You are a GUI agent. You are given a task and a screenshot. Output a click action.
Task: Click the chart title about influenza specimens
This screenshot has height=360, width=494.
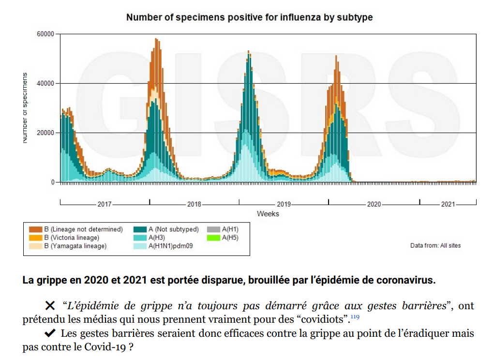(249, 17)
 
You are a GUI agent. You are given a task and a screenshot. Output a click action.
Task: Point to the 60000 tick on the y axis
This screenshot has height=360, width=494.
(45, 34)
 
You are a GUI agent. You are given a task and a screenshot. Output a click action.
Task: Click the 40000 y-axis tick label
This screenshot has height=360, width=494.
(45, 83)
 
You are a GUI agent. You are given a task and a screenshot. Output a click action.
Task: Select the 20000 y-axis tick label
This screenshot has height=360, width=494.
(45, 133)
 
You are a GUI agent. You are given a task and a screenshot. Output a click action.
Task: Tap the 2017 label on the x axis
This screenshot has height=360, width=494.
(105, 204)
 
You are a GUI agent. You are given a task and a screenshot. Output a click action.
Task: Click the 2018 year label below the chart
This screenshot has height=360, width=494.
(194, 204)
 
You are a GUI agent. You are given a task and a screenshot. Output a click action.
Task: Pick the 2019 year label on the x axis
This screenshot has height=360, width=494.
(284, 204)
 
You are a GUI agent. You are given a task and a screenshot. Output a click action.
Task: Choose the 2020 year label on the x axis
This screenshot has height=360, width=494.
(374, 204)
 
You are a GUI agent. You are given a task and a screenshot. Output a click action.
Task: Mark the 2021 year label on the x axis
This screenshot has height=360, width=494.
(448, 204)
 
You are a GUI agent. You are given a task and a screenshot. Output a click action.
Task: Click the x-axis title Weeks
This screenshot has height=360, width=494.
(268, 214)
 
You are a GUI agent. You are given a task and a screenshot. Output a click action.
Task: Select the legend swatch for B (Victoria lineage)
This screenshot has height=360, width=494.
(35, 238)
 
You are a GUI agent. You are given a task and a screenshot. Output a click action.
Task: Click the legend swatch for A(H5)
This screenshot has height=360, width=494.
(213, 238)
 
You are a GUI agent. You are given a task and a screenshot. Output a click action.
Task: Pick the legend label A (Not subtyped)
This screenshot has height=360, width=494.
(174, 229)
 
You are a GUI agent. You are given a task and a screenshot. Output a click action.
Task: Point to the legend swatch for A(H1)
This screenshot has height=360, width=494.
(213, 229)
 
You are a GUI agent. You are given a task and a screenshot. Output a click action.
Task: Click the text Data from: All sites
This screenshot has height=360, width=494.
(435, 246)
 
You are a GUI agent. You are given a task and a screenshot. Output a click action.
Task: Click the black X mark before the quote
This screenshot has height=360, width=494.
(50, 305)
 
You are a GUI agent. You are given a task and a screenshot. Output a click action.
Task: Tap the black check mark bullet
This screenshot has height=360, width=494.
(50, 333)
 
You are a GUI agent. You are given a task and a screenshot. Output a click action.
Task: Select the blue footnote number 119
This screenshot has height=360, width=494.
(355, 317)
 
